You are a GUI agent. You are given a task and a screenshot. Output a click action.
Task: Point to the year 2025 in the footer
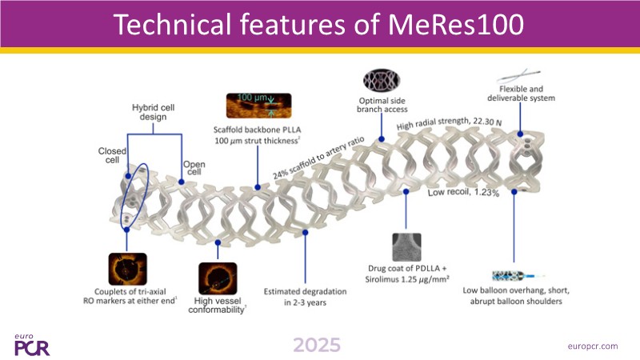[316, 345]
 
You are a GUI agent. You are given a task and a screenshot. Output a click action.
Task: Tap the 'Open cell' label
[194, 169]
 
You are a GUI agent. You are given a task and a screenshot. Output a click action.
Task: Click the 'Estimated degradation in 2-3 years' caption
[306, 297]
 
